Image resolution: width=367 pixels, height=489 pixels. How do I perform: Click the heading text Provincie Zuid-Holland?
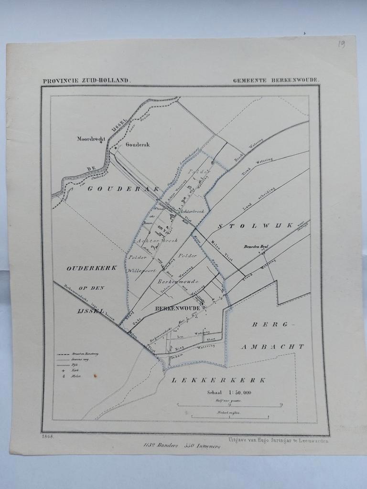[86, 81]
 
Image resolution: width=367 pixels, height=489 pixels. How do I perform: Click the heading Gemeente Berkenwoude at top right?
[275, 80]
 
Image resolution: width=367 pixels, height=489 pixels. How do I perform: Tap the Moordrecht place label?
[91, 139]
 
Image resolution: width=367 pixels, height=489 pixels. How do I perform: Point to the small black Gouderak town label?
[138, 144]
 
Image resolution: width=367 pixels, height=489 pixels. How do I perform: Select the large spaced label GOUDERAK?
[123, 189]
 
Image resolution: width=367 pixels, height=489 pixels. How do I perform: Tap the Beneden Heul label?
[257, 246]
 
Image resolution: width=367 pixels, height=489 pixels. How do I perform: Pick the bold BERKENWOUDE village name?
[178, 308]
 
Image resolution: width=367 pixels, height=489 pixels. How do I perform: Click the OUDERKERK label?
[92, 268]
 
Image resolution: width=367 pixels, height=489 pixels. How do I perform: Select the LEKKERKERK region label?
[218, 380]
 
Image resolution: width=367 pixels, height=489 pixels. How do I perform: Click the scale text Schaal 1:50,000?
[229, 393]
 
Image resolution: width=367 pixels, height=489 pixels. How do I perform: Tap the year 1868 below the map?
[48, 436]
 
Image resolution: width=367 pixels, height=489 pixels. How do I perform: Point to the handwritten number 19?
[341, 44]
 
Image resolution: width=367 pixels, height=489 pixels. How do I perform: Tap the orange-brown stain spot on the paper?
[95, 376]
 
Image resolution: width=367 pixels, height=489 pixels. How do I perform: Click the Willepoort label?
[142, 270]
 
